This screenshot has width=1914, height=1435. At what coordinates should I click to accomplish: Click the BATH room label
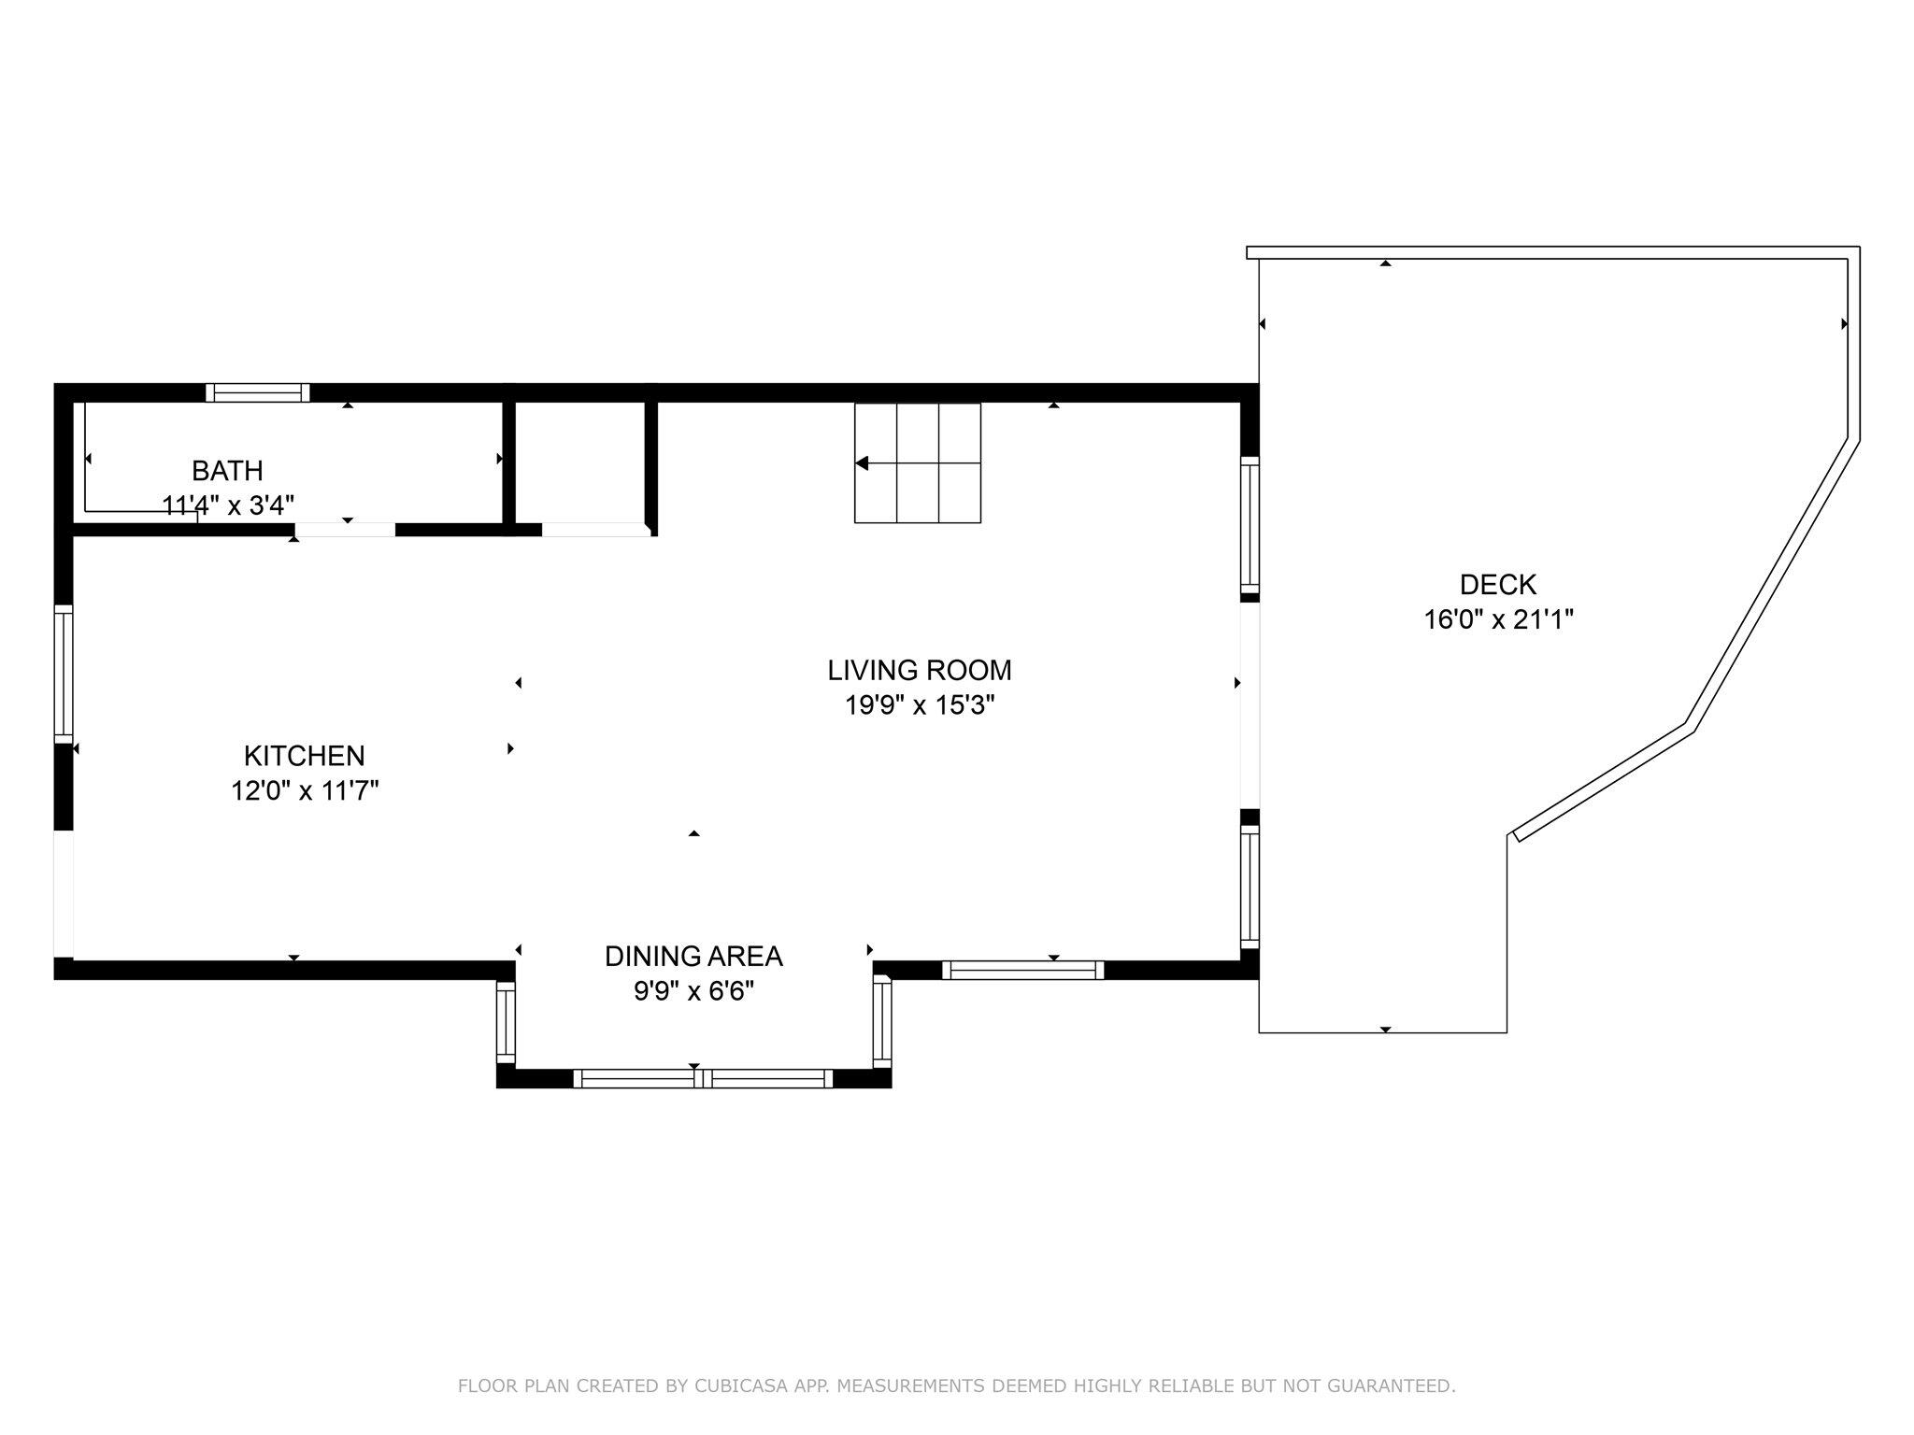pyautogui.click(x=227, y=470)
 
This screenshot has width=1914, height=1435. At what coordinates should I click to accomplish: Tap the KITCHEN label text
pyautogui.click(x=304, y=756)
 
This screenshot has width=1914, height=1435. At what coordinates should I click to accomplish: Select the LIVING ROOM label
pyautogui.click(x=919, y=670)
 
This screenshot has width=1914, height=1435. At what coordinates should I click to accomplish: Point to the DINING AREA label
pyautogui.click(x=693, y=956)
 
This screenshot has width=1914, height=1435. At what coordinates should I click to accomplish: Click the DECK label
pyautogui.click(x=1497, y=585)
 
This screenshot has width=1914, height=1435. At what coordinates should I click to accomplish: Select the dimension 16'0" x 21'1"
pyautogui.click(x=1498, y=620)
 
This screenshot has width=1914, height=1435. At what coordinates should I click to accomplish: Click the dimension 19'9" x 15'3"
pyautogui.click(x=919, y=705)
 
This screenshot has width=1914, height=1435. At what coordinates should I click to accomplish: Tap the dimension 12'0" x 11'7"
pyautogui.click(x=304, y=791)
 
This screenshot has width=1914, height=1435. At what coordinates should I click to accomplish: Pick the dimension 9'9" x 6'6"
pyautogui.click(x=693, y=991)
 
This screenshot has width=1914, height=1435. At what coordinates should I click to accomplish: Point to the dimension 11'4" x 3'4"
pyautogui.click(x=228, y=505)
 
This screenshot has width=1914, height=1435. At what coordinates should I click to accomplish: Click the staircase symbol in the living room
pyautogui.click(x=918, y=462)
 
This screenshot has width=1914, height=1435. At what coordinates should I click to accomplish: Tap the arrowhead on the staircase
pyautogui.click(x=862, y=463)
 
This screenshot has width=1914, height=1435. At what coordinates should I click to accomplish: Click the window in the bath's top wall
pyautogui.click(x=257, y=392)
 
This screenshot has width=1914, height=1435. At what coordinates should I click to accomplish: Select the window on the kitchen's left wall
pyautogui.click(x=64, y=674)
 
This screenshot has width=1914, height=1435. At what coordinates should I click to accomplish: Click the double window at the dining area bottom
pyautogui.click(x=703, y=1078)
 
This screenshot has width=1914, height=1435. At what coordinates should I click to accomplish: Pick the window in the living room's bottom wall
pyautogui.click(x=1022, y=970)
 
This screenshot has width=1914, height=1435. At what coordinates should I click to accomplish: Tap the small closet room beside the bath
pyautogui.click(x=579, y=462)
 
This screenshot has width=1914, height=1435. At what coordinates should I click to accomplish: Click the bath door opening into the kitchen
pyautogui.click(x=345, y=530)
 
